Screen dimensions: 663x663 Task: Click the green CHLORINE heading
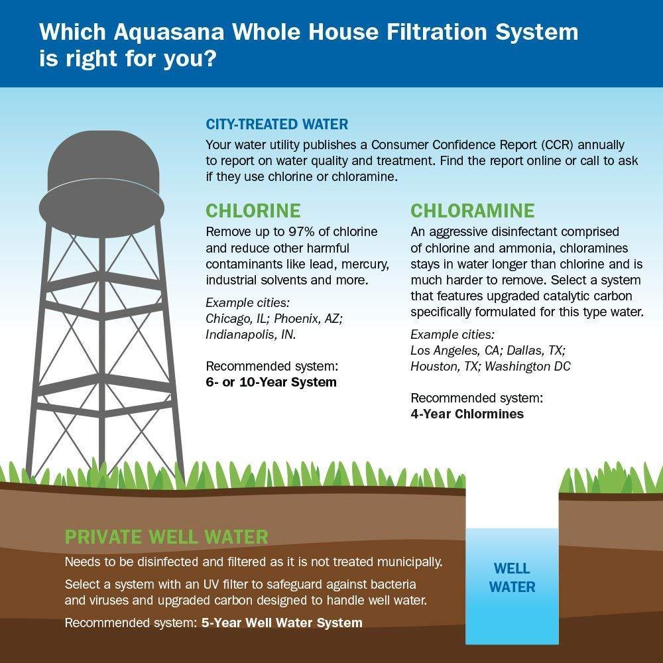click(x=253, y=211)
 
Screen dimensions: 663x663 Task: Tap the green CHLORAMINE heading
click(x=472, y=211)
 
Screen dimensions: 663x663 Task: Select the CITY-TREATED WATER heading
click(x=276, y=125)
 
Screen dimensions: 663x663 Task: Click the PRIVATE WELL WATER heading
click(x=166, y=536)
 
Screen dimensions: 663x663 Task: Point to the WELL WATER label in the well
click(x=511, y=577)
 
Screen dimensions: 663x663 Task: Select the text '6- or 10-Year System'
click(x=271, y=383)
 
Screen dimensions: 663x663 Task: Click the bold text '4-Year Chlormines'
click(x=467, y=414)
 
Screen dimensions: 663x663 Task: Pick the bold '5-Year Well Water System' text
click(x=282, y=623)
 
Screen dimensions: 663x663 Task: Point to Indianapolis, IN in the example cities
click(x=251, y=335)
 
